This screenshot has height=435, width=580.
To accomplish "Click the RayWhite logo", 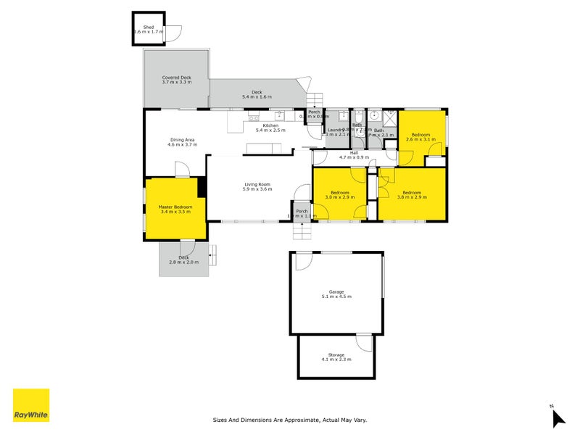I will [x=31, y=405].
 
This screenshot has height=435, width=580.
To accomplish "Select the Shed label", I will [x=149, y=30].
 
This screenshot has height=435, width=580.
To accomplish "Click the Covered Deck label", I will [x=176, y=80].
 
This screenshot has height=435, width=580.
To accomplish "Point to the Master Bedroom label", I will [x=175, y=209].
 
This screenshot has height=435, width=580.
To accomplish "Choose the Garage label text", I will [x=336, y=294].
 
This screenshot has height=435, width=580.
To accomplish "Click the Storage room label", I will [x=336, y=357].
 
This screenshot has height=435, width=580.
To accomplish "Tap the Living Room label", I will [x=257, y=186].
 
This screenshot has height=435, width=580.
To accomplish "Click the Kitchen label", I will [x=270, y=127].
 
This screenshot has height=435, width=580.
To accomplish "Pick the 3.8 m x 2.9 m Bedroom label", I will [x=411, y=194].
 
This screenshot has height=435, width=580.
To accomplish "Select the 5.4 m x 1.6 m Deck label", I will [x=257, y=94].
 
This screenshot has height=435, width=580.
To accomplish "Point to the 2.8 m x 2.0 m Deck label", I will [x=184, y=260].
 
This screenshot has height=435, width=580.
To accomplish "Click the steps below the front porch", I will [x=301, y=230].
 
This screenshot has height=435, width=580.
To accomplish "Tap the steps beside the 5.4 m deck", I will [x=314, y=101].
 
